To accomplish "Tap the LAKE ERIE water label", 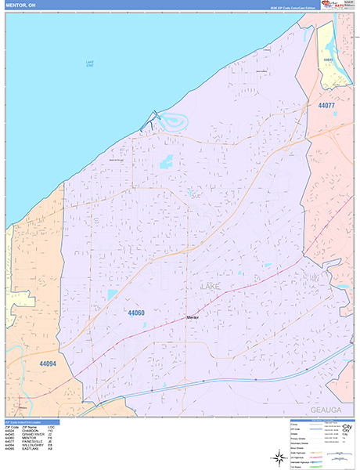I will [x=90, y=64].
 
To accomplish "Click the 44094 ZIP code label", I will [x=47, y=363].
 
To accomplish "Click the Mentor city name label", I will [x=193, y=316].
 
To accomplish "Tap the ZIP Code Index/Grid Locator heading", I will [x=27, y=422].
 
